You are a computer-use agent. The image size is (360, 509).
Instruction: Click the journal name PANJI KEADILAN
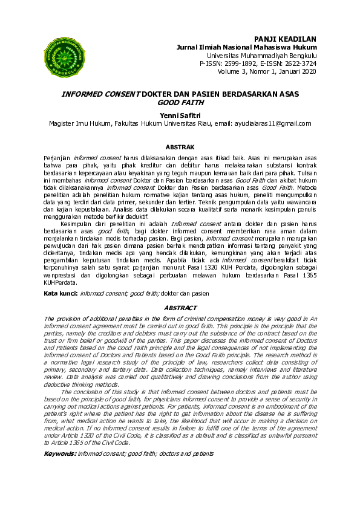click(285, 38)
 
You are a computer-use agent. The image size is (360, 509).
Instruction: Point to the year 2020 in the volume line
click(308, 71)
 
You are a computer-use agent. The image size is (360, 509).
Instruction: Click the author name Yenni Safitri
click(180, 114)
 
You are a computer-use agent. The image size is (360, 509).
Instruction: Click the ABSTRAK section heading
click(180, 147)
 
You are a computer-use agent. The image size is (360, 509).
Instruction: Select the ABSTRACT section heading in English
click(180, 308)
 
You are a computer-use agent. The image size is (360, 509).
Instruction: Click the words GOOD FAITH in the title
click(180, 103)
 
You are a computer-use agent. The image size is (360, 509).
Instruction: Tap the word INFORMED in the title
click(83, 95)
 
